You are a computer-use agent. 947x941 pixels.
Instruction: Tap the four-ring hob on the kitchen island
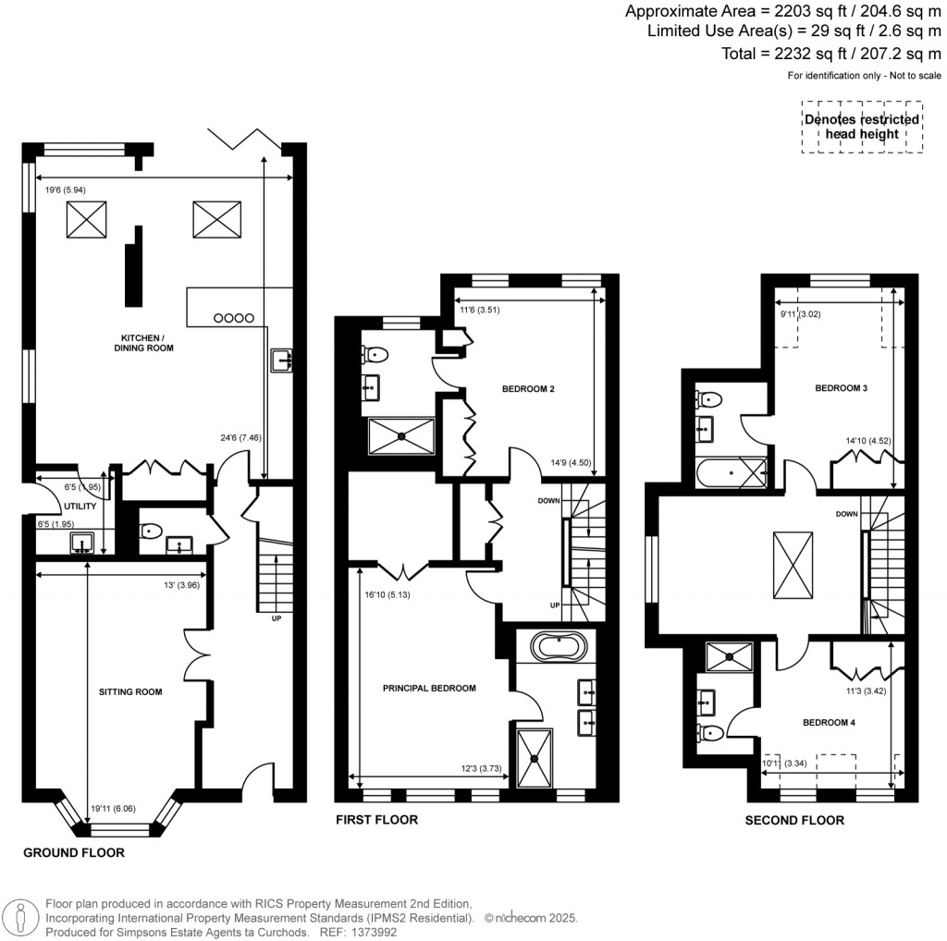pyautogui.click(x=233, y=318)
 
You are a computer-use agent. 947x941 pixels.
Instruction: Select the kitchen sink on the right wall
pyautogui.click(x=281, y=361)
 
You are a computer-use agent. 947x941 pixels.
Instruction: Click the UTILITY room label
pyautogui.click(x=80, y=506)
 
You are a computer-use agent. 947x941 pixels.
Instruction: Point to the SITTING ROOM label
pyautogui.click(x=130, y=690)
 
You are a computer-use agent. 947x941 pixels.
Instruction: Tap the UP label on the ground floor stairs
pyautogui.click(x=276, y=618)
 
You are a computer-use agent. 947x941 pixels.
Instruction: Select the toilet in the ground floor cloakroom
pyautogui.click(x=150, y=531)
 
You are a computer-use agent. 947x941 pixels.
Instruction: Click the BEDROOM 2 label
pyautogui.click(x=528, y=389)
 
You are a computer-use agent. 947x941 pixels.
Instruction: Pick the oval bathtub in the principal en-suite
pyautogui.click(x=556, y=646)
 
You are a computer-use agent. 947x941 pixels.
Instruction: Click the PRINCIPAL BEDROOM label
pyautogui.click(x=429, y=688)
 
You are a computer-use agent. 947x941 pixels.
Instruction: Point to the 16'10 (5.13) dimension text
pyautogui.click(x=388, y=595)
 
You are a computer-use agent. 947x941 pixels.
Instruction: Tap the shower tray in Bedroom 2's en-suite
pyautogui.click(x=401, y=435)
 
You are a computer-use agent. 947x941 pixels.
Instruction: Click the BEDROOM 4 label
pyautogui.click(x=828, y=723)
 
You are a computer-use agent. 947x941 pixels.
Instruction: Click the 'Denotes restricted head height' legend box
pyautogui.click(x=861, y=127)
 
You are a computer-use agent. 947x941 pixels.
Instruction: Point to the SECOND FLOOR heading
pyautogui.click(x=795, y=820)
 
